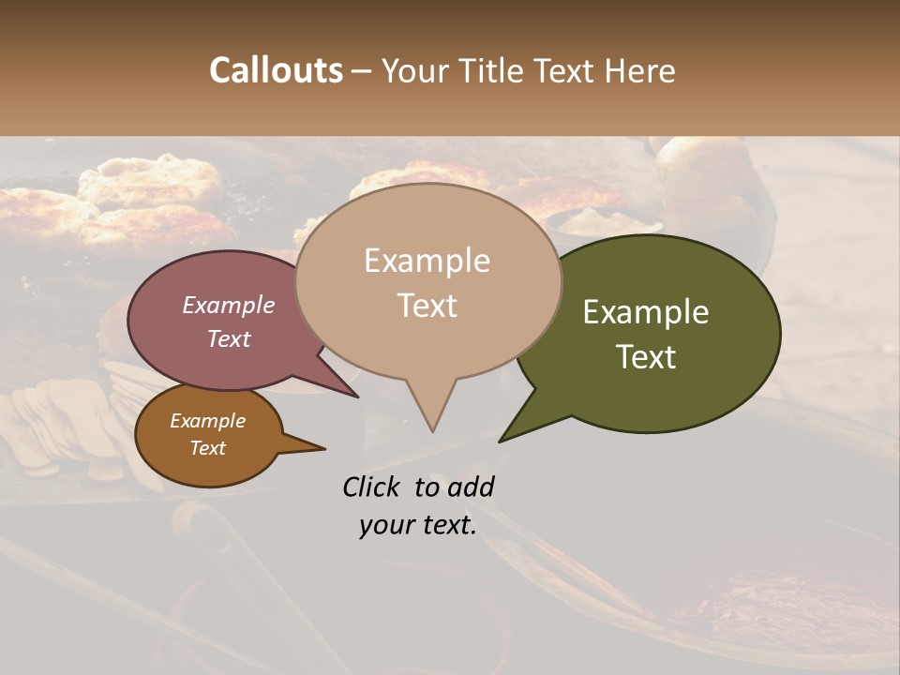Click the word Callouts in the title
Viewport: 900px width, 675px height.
point(276,70)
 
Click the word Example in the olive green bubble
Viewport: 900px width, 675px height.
point(646,312)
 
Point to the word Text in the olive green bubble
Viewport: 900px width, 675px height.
point(646,357)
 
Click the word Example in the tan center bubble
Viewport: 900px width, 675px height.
point(427,261)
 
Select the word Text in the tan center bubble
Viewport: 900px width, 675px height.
point(427,306)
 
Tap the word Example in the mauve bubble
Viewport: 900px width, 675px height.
point(228,305)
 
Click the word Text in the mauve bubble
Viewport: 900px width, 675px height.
point(228,338)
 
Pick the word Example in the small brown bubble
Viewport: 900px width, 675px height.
point(207,421)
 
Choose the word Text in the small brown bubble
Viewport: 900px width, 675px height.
point(207,447)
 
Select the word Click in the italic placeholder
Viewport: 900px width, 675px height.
point(373,487)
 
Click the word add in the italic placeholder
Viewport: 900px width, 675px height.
point(471,487)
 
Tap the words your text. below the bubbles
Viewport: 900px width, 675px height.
point(418,525)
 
